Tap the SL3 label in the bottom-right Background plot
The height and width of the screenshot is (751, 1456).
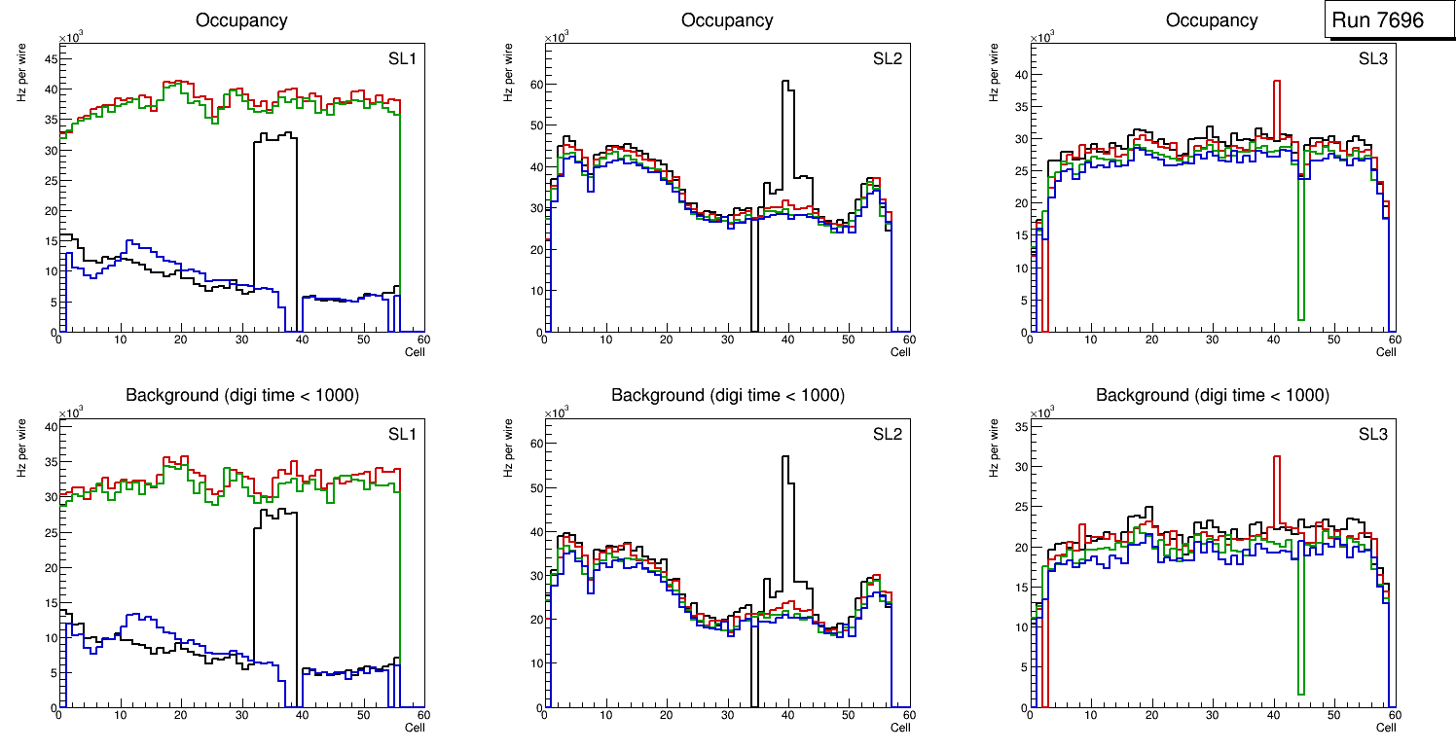coord(1372,435)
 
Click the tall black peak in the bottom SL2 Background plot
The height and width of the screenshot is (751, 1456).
coord(785,462)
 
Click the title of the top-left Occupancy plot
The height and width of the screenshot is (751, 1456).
coord(241,19)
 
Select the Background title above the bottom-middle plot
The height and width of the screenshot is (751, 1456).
coord(727,395)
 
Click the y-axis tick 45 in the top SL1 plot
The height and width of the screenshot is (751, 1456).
coord(49,58)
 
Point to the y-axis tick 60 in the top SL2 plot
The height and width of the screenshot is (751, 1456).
coord(533,84)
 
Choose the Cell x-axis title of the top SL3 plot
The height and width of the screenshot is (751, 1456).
coord(1386,352)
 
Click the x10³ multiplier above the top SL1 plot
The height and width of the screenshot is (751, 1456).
coord(70,38)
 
